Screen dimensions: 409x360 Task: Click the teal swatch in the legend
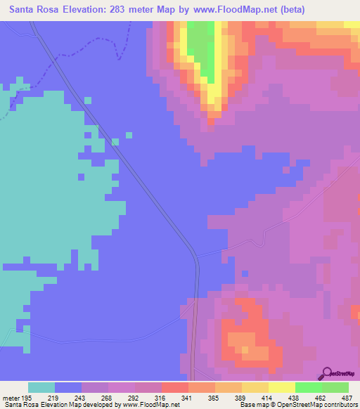[x=41, y=387]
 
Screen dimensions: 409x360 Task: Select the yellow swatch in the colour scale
[x=282, y=387]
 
